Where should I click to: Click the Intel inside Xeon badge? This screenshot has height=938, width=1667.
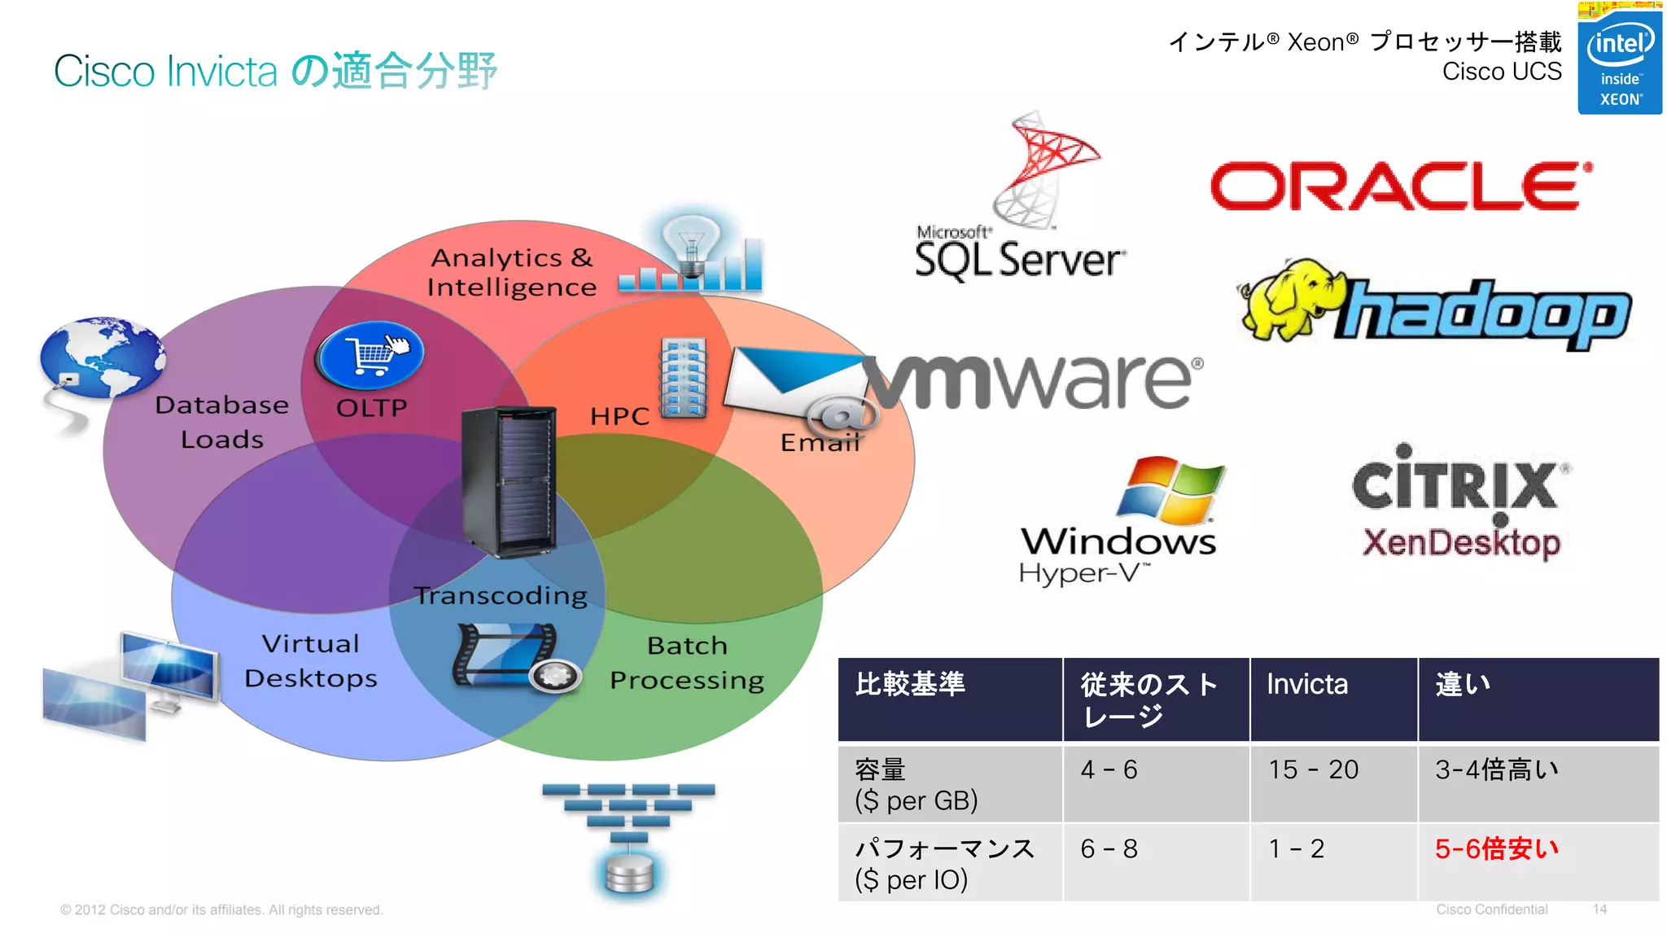coord(1619,61)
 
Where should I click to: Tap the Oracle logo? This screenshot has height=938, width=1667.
coord(1400,186)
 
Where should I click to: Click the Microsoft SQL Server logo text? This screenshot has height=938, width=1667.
coord(1019,260)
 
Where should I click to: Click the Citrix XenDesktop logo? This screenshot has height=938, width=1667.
coord(1460,505)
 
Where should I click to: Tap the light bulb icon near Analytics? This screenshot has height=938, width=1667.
coord(691,244)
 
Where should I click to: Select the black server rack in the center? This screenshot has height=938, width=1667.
coord(509,480)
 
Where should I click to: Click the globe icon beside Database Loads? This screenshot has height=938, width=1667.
coord(102,358)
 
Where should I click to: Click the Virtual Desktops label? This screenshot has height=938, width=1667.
coord(311,660)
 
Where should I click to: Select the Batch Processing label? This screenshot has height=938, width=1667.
coord(687,662)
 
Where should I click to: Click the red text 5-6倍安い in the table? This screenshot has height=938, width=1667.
coord(1496,848)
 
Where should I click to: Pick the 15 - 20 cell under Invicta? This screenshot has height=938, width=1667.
coord(1313,769)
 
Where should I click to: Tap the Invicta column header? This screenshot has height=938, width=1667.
coord(1307,685)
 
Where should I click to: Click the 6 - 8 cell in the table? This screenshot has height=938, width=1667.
coord(1109,849)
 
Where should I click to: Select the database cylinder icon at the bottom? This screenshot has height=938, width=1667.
coord(629,873)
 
